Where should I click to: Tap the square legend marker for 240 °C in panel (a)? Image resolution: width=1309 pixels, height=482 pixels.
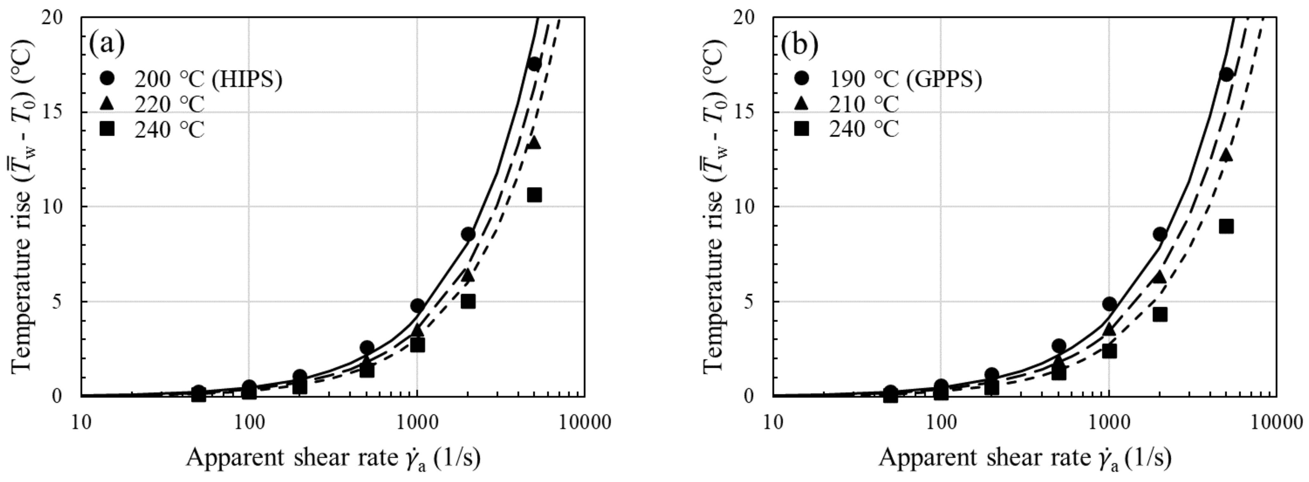click(x=108, y=129)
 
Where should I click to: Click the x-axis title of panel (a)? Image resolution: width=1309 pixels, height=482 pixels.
click(x=333, y=458)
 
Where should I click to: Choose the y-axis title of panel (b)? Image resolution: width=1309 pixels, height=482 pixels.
click(x=714, y=206)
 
